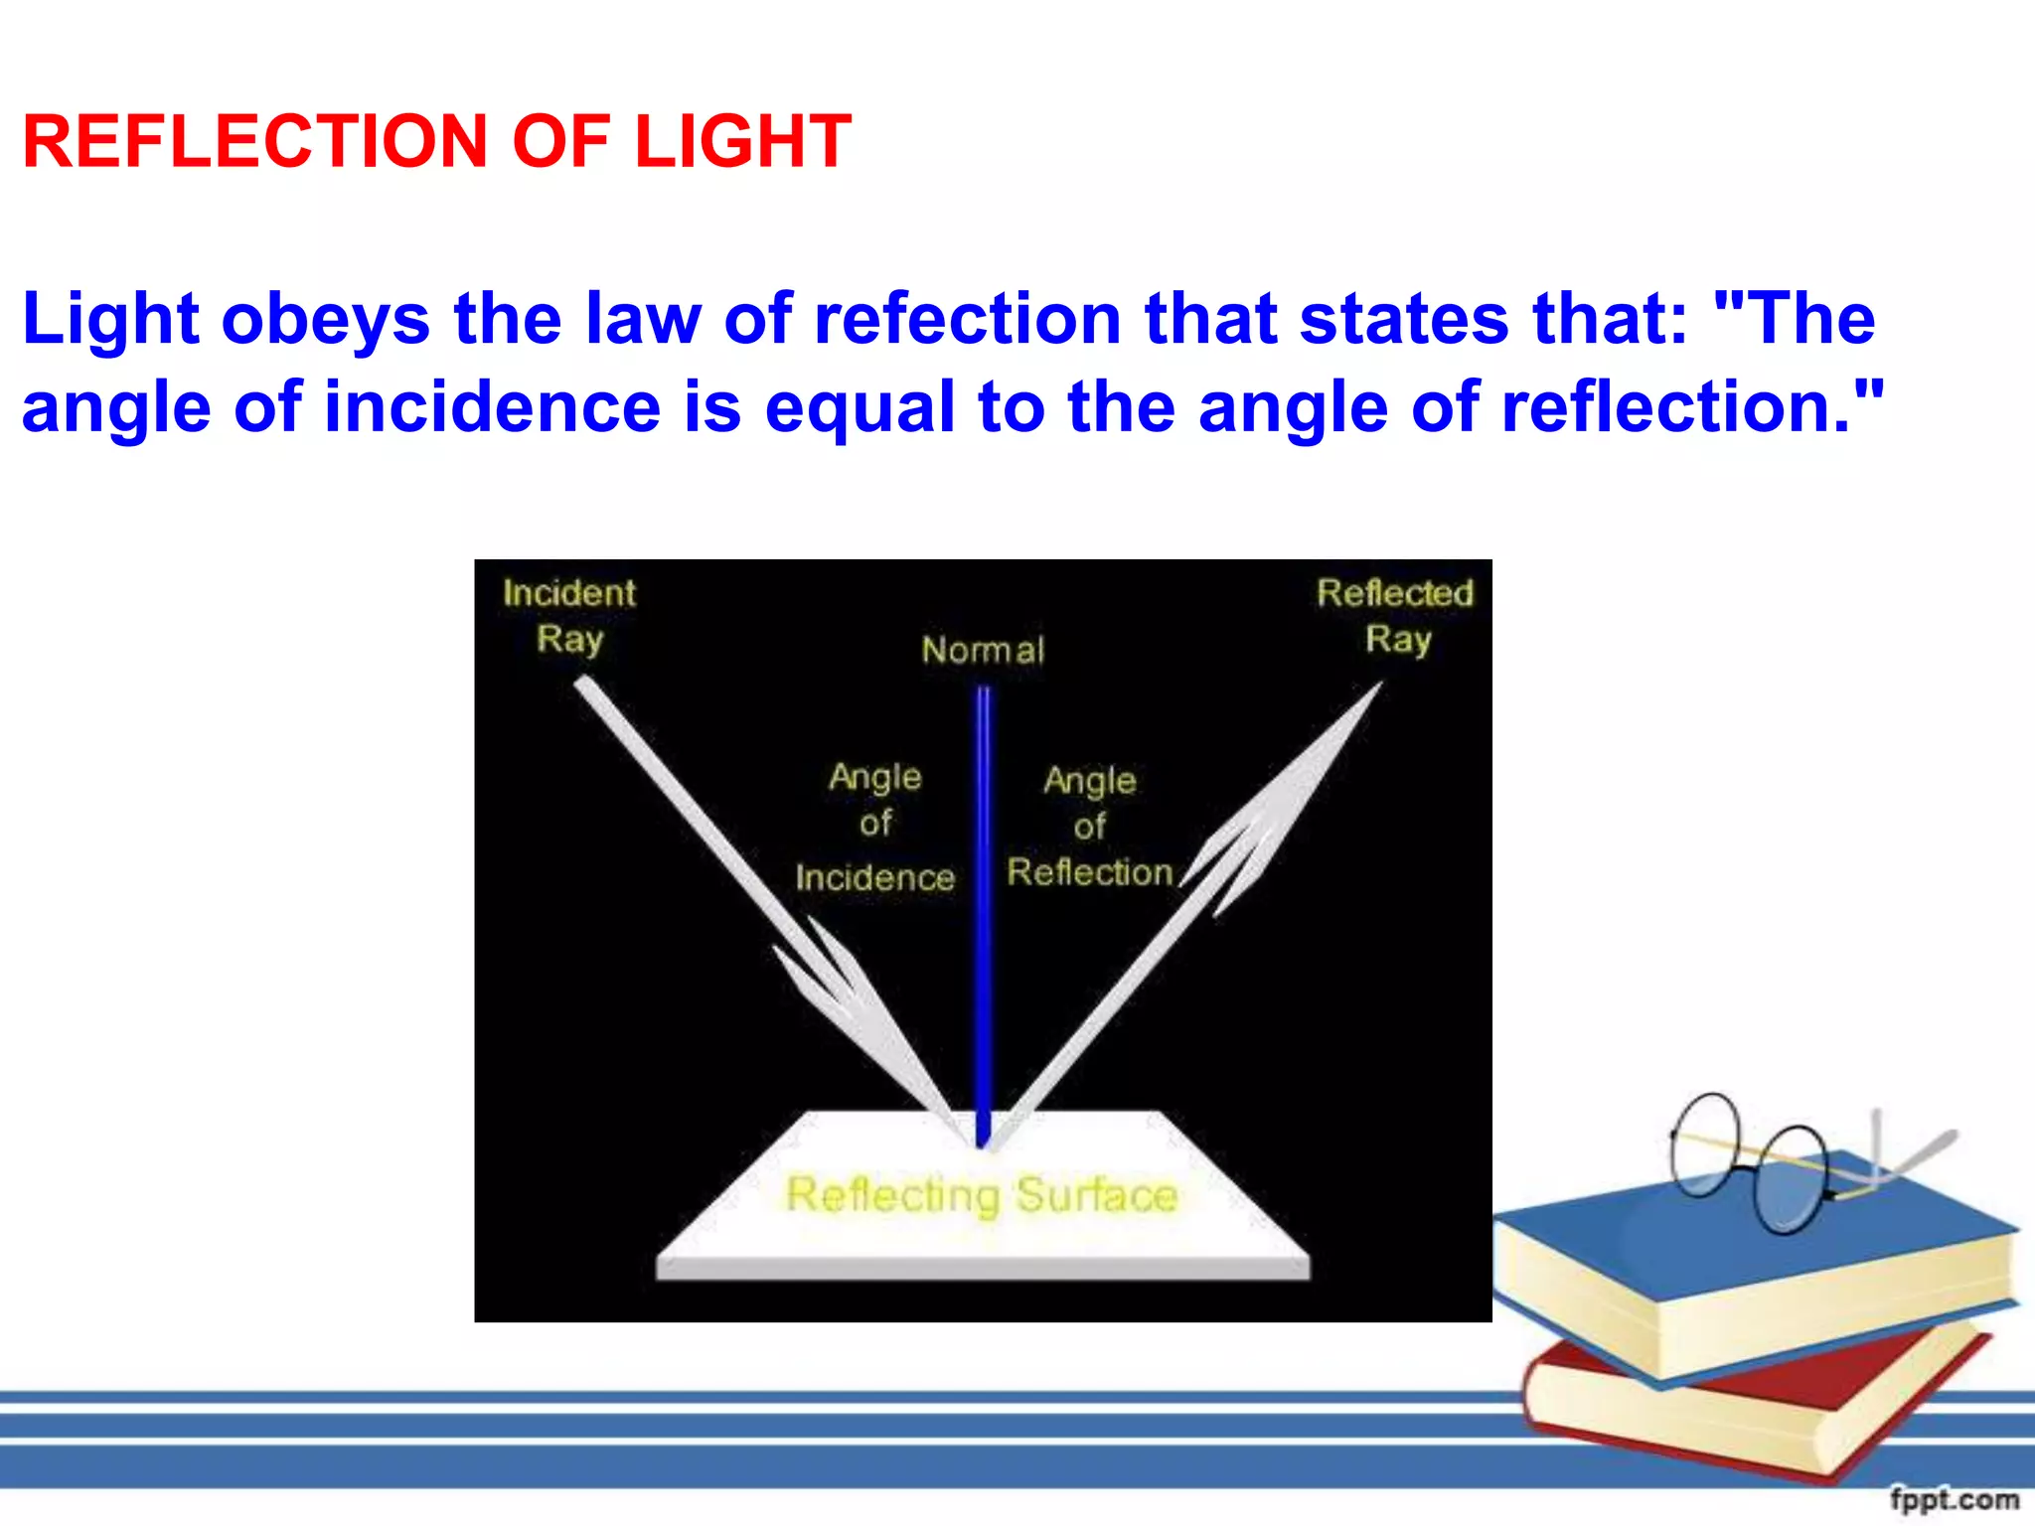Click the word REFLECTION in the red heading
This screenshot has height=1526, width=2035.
click(x=254, y=141)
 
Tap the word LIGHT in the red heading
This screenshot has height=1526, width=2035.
click(x=742, y=141)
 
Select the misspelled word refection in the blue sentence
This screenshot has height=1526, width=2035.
click(x=968, y=319)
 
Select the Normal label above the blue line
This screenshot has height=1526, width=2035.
click(x=983, y=651)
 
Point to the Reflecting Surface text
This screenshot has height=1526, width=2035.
click(x=982, y=1195)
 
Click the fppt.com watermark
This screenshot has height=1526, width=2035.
click(x=1954, y=1499)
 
